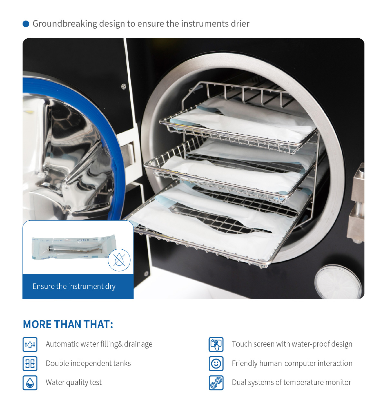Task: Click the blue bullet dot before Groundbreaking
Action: (26, 24)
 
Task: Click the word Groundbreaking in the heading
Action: (65, 24)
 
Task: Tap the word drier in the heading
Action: (240, 24)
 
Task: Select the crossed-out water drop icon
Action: (119, 260)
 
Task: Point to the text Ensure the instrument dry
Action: (74, 286)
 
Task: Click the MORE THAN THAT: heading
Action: (68, 324)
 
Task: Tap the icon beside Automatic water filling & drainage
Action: (30, 344)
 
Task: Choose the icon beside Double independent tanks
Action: (30, 363)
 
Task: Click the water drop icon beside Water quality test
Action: (30, 383)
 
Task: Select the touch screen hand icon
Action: (216, 344)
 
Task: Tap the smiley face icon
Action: (216, 363)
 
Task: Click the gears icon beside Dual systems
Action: (216, 383)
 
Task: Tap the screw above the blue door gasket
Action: (124, 86)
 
